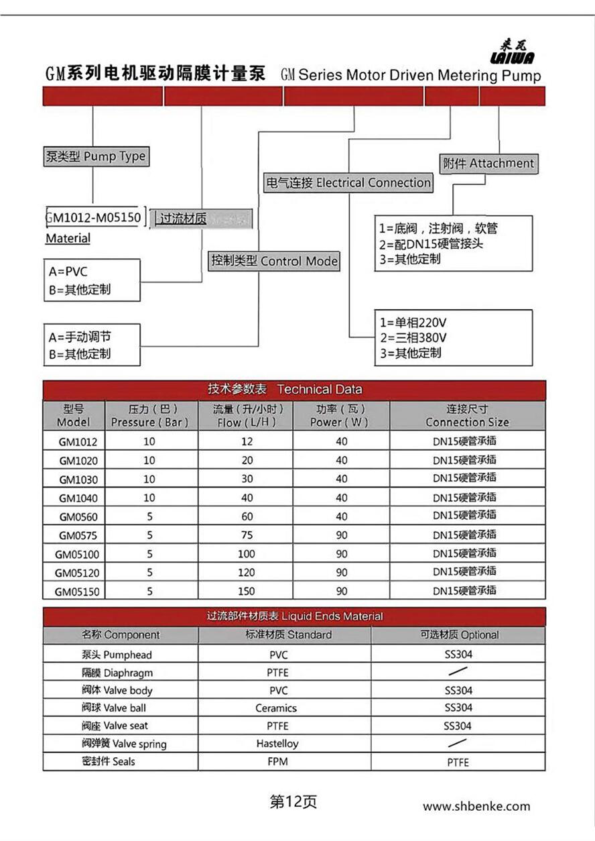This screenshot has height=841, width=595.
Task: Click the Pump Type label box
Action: click(x=95, y=157)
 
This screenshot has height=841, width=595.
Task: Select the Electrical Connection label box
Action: click(x=348, y=182)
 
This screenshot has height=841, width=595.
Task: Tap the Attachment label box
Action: click(x=488, y=163)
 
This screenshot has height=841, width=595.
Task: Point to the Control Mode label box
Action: click(x=274, y=261)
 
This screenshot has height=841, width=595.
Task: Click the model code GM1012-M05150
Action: click(x=94, y=218)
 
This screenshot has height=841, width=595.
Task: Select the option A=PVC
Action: click(x=68, y=272)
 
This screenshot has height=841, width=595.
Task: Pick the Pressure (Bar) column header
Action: click(x=150, y=416)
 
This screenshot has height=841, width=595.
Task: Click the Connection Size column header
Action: click(x=467, y=416)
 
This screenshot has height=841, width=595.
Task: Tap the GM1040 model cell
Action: click(x=78, y=498)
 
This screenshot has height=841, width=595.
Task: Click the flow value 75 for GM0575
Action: click(x=247, y=535)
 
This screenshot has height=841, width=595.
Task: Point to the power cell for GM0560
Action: click(x=342, y=516)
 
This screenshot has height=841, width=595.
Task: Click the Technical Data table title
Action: click(x=294, y=390)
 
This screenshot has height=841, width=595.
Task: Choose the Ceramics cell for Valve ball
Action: click(x=276, y=708)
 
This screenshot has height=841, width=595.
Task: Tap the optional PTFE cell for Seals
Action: click(x=458, y=762)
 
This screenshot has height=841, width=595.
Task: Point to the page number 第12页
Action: click(x=293, y=801)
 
